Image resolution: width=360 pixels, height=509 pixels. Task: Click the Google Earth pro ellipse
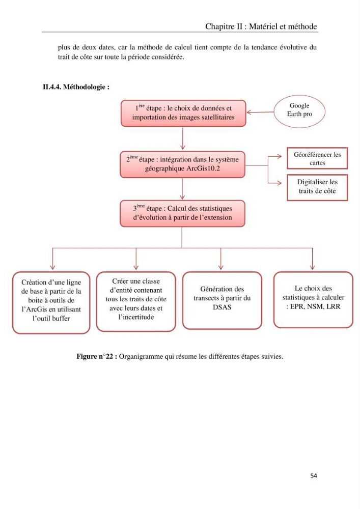pyautogui.click(x=299, y=111)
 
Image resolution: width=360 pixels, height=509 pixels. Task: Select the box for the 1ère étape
pyautogui.click(x=183, y=114)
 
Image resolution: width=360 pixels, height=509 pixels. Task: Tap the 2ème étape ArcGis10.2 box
pyautogui.click(x=182, y=164)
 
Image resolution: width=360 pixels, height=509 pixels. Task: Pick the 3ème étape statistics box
pyautogui.click(x=182, y=213)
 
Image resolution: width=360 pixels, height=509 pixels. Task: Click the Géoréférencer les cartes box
pyautogui.click(x=317, y=158)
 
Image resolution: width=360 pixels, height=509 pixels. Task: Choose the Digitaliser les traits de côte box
pyautogui.click(x=317, y=188)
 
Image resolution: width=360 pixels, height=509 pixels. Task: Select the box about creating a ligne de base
pyautogui.click(x=51, y=302)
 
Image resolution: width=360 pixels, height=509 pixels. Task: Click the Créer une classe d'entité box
pyautogui.click(x=136, y=301)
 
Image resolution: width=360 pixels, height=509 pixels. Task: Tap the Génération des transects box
pyautogui.click(x=222, y=301)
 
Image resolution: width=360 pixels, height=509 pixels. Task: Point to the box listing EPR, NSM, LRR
pyautogui.click(x=313, y=300)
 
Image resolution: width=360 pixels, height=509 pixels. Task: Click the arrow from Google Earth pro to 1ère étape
pyautogui.click(x=260, y=112)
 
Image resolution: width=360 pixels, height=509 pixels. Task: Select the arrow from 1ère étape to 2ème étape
pyautogui.click(x=183, y=138)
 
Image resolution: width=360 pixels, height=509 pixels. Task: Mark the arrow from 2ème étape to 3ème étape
pyautogui.click(x=182, y=189)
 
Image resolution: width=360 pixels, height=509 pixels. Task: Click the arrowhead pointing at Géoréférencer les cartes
pyautogui.click(x=280, y=156)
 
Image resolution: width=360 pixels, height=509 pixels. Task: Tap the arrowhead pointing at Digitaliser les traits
pyautogui.click(x=280, y=183)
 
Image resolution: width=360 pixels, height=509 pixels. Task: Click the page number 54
pyautogui.click(x=314, y=475)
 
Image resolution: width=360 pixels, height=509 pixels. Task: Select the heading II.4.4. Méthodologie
pyautogui.click(x=76, y=87)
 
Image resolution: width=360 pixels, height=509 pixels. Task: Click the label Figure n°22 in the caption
pyautogui.click(x=97, y=356)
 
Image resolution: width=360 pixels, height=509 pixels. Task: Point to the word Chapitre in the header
pyautogui.click(x=219, y=26)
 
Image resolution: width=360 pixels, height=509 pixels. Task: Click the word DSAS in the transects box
pyautogui.click(x=222, y=307)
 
